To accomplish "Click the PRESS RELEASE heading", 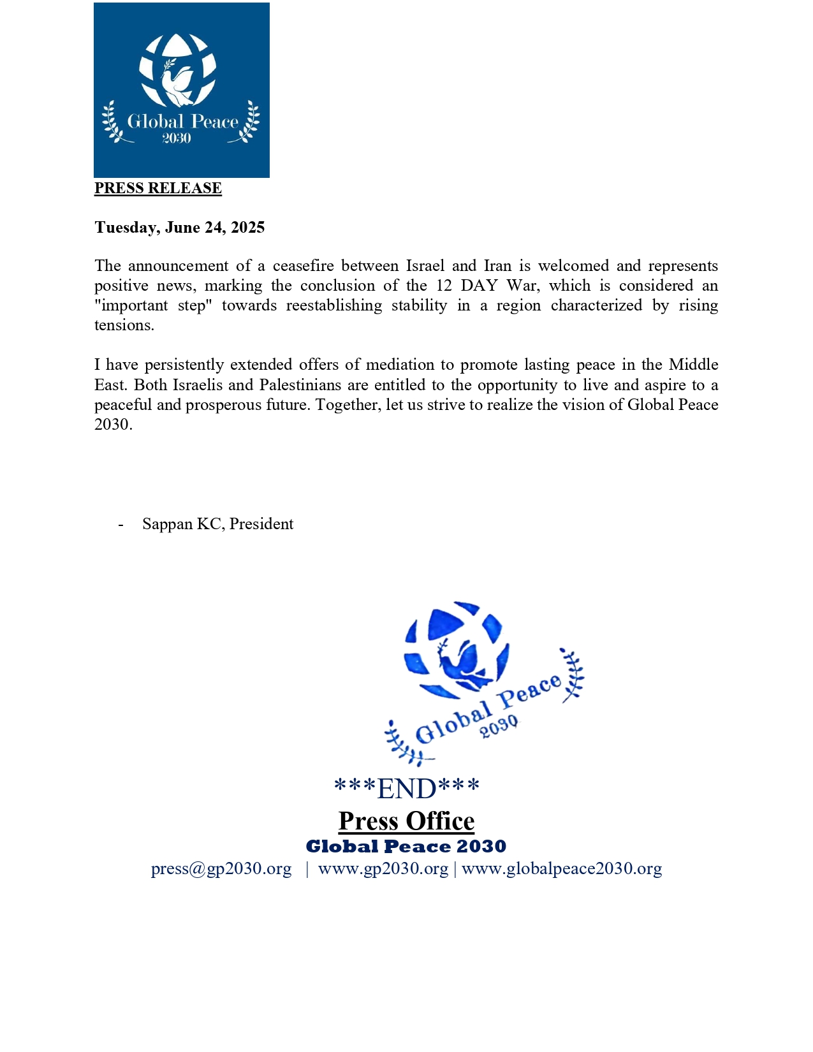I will (x=157, y=188).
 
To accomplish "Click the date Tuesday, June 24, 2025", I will (x=179, y=228).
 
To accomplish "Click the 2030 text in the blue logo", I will (x=177, y=138).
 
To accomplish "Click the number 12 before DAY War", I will (x=444, y=286).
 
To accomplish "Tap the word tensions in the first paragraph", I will (x=124, y=325).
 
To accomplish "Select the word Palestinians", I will (x=300, y=385).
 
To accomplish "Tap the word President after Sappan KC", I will (x=261, y=524).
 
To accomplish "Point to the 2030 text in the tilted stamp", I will (x=499, y=726).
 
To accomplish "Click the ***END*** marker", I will (x=406, y=789).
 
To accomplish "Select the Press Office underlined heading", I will (x=406, y=821).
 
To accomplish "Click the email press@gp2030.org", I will (x=221, y=869).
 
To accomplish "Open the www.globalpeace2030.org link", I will (x=562, y=869).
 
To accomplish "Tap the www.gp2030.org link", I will (x=383, y=869).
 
